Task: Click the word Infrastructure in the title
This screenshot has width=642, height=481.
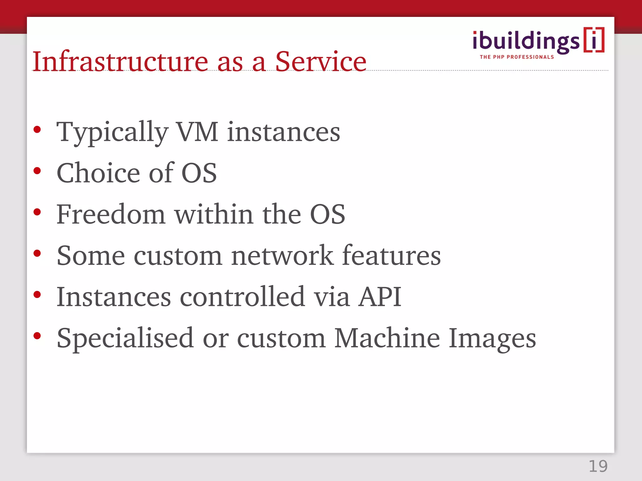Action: pos(120,62)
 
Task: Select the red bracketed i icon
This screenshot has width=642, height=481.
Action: pos(594,40)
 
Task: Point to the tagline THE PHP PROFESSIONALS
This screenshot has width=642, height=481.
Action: pos(517,57)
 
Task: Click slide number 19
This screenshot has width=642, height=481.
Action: pos(598,466)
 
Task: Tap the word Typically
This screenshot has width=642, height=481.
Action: pos(112,132)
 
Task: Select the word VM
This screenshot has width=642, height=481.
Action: pos(197,132)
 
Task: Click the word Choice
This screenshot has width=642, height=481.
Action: pos(98,173)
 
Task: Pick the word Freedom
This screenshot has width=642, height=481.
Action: pos(111,214)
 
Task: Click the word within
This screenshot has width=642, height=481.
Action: pos(214,214)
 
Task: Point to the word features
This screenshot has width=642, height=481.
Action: pos(391,256)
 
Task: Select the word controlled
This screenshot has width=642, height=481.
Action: pos(242,297)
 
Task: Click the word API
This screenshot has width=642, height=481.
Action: pos(380,297)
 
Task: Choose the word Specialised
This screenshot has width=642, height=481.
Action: pos(125,338)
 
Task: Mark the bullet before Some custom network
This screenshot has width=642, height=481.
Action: pos(37,253)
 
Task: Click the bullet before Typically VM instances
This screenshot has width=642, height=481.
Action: pos(37,129)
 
